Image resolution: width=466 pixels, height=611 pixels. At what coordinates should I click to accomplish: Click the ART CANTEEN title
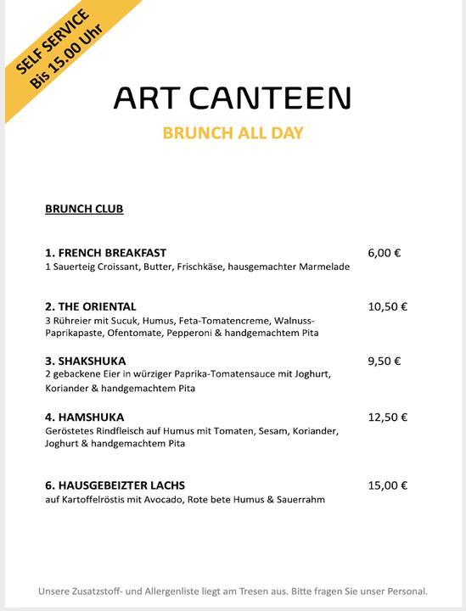232,98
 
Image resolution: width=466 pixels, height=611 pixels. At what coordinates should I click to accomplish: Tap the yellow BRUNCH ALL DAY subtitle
232,133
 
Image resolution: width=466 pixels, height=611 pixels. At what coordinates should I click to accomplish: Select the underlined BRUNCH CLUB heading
84,209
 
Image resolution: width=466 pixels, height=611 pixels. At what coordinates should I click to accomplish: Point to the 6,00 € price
385,252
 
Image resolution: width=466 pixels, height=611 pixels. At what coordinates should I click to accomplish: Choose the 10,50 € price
387,306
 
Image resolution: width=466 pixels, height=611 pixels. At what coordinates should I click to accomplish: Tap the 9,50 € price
385,361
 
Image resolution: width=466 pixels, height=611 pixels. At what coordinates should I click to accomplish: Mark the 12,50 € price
387,417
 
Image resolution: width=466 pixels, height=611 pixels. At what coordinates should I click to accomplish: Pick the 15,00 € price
387,485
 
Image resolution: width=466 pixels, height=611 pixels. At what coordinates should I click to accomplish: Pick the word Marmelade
323,266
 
